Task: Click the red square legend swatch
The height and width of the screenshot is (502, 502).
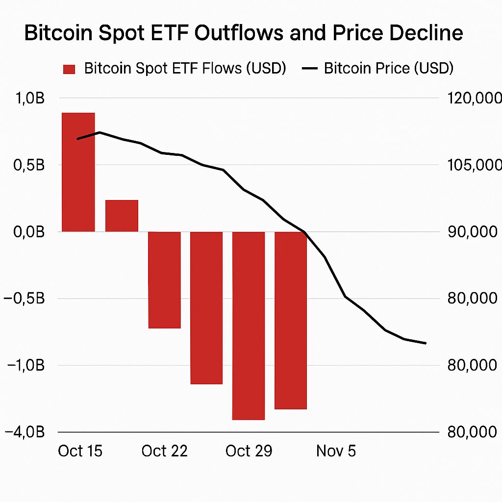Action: coord(69,69)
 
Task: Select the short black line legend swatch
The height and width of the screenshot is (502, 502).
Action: coord(310,69)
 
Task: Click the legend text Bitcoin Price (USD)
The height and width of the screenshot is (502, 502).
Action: coord(389,68)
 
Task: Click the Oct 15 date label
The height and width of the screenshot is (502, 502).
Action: coord(80,451)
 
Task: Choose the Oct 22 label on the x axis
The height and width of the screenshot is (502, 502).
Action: coord(164,451)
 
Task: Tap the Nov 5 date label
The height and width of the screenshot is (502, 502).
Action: coord(336,451)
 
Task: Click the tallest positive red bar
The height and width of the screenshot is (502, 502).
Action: coord(78,172)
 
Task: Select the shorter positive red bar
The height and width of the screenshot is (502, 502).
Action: coord(122,216)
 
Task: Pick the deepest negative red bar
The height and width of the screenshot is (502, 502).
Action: coord(249,326)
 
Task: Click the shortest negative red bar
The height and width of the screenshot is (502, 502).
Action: coord(164,279)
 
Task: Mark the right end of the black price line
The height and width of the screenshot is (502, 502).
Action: coord(426,343)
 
